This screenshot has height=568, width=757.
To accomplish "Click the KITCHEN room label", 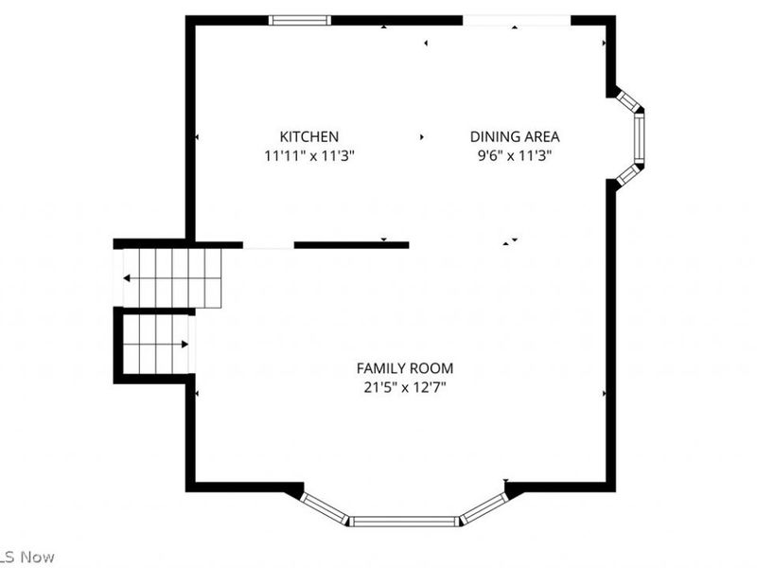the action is tap(309, 136).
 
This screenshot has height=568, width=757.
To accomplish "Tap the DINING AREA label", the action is tap(515, 136).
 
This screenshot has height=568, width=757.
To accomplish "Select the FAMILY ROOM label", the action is tap(405, 368).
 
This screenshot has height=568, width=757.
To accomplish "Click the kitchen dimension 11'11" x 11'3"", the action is tap(309, 156).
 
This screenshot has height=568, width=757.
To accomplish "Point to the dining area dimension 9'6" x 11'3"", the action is tap(515, 156).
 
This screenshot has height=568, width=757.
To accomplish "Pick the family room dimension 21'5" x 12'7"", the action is tap(405, 388).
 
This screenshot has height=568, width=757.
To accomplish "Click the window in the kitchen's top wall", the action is tap(300, 20).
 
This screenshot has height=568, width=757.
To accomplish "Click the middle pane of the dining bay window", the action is tap(640, 138).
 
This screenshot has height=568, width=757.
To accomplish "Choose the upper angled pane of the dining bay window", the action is tap(627, 100).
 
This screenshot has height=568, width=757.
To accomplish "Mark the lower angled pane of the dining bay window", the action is tap(628, 176).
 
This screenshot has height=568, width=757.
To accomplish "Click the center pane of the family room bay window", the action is tap(403, 522).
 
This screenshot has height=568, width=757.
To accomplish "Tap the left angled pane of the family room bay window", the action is tap(324, 508).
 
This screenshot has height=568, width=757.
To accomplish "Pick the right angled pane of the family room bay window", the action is tap(484, 508).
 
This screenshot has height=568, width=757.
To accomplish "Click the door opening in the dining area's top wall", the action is tap(517, 20).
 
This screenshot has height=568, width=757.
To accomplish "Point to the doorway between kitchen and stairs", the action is tap(269, 245).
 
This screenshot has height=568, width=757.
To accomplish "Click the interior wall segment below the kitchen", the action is tap(351, 245).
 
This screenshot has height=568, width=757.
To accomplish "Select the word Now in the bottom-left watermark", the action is tap(37, 557).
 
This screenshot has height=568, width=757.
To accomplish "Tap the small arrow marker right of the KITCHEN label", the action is tap(422, 137).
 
